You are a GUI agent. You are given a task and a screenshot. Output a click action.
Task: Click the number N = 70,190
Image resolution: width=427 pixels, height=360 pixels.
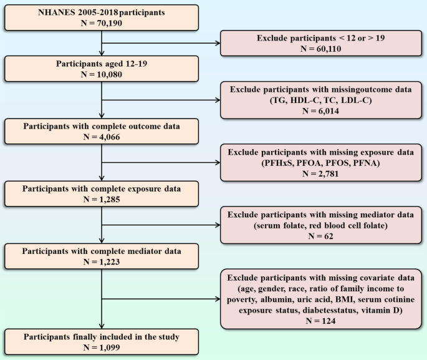pos(102,23)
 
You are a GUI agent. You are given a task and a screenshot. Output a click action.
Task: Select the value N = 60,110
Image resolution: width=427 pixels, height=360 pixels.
pos(321,49)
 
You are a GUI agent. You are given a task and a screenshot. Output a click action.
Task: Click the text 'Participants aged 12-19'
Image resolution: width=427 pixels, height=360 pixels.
pos(102,64)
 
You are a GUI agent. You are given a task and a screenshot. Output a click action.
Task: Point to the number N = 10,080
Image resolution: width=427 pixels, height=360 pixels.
pos(102,74)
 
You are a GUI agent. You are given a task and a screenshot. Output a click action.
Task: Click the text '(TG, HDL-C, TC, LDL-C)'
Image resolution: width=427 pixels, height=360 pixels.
pos(321,100)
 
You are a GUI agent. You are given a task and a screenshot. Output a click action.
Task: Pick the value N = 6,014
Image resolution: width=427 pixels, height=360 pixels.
pos(321,111)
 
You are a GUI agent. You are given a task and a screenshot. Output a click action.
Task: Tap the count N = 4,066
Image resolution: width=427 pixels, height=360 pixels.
pos(102,137)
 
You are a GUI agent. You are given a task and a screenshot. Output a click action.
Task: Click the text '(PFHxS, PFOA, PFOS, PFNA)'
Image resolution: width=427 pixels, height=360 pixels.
pos(321,163)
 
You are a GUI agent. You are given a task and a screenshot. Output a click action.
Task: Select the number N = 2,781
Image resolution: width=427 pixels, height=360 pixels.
pos(321,173)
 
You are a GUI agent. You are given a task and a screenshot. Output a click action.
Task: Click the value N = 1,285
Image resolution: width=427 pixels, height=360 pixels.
pos(102,200)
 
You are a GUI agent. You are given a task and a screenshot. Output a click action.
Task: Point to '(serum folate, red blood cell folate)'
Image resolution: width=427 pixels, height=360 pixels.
pos(321,226)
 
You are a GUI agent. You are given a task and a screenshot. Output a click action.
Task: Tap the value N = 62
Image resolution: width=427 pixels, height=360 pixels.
pos(321,236)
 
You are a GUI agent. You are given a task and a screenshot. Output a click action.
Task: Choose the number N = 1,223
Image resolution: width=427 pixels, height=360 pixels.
pos(102,262)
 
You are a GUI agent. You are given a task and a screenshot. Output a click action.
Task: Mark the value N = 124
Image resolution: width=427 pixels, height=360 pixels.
pos(321,321)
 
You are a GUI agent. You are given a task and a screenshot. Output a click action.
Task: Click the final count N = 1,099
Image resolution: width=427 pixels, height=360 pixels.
pos(102,348)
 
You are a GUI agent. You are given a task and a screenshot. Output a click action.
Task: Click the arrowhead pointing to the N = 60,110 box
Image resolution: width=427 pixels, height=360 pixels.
pos(218,43)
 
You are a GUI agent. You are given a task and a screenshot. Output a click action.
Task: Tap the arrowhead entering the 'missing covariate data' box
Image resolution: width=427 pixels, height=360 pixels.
pos(218,299)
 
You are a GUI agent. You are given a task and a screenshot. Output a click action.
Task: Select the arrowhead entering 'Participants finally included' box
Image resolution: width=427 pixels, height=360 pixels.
pos(102,326)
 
